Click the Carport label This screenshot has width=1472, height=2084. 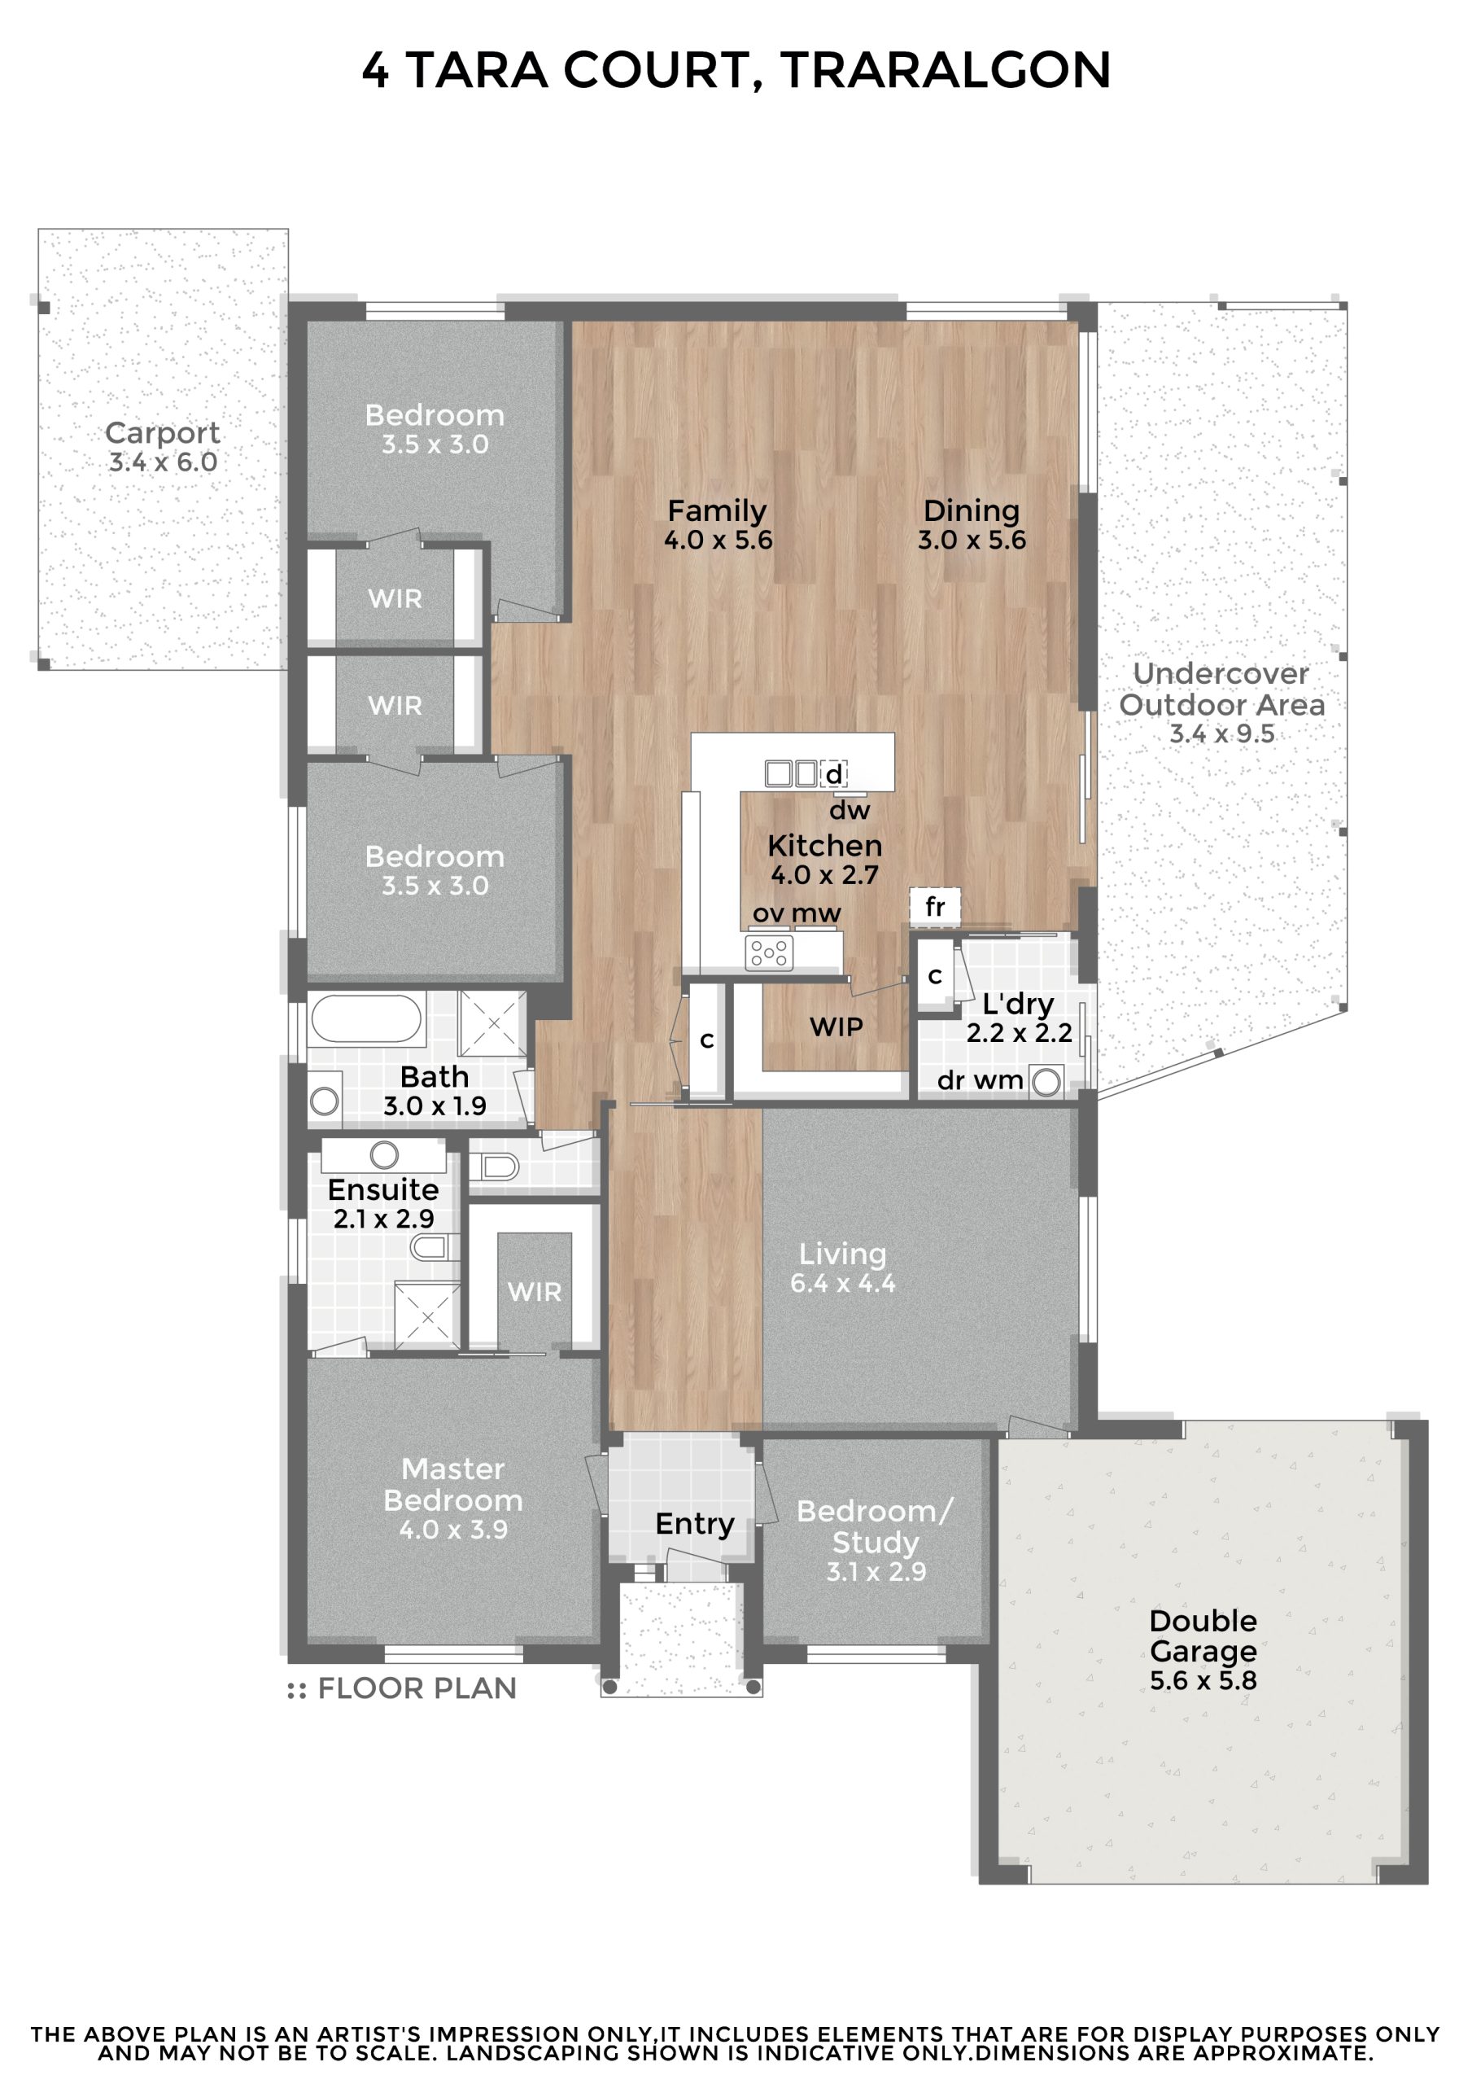point(163,433)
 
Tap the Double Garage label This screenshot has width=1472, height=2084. point(1203,1635)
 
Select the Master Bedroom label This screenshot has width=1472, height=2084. point(453,1484)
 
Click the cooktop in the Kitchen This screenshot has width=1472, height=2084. point(769,953)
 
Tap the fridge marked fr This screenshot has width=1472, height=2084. point(935,906)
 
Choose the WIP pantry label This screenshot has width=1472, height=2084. point(836,1027)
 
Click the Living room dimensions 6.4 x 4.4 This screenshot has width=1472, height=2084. point(842,1282)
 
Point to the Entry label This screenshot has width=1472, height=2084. point(694,1523)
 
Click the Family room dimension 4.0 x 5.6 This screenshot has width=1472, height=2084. point(718,540)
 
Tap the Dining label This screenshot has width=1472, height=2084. point(971,511)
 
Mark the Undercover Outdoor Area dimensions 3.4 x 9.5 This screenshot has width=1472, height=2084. point(1221,733)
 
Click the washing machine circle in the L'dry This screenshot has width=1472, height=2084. point(1046,1082)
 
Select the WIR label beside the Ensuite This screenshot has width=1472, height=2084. point(535,1292)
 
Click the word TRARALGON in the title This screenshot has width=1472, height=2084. point(946,70)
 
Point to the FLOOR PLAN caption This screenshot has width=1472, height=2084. point(402,1688)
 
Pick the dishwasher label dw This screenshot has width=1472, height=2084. point(850,810)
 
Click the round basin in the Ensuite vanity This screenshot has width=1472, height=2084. point(385,1154)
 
